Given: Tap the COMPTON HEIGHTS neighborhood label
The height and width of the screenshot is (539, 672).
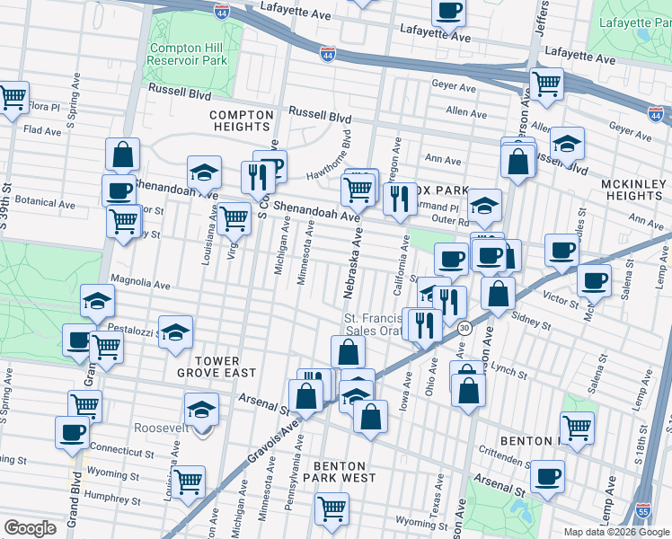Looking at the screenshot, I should coord(240,120).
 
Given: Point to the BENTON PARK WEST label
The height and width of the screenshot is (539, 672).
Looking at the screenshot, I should coord(340,473).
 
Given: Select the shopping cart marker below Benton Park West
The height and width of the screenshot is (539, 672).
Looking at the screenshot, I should coord(332,508).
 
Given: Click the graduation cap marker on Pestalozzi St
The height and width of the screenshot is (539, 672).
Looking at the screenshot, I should coord(176,331).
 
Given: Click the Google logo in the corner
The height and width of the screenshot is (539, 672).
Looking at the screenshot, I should coord(30,528).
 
